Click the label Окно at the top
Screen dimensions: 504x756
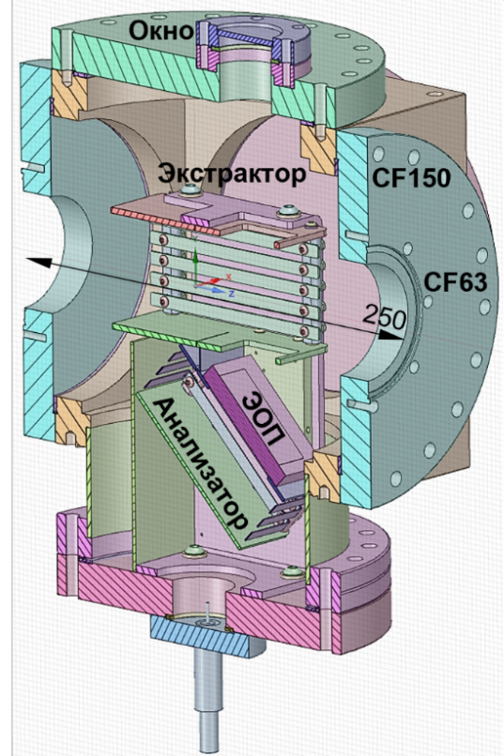click(x=160, y=32)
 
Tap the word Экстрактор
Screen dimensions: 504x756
click(x=232, y=174)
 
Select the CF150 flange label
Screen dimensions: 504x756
click(x=411, y=178)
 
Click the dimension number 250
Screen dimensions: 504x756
click(x=384, y=318)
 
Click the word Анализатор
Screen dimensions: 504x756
click(x=203, y=462)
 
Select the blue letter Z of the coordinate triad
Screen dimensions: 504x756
click(x=232, y=294)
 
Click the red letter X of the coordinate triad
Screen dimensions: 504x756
click(x=229, y=277)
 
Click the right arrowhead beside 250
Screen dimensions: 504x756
click(x=389, y=335)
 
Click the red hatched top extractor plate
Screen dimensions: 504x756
click(x=164, y=219)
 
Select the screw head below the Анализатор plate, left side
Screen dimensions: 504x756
click(x=195, y=551)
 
